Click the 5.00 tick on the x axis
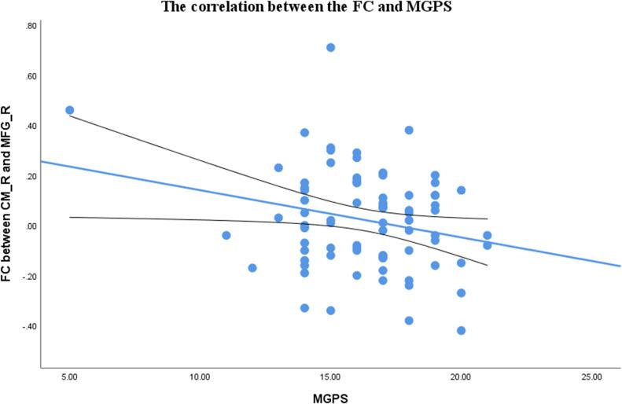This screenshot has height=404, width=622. click(x=69, y=377)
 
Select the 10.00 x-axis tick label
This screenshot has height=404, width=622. click(x=200, y=377)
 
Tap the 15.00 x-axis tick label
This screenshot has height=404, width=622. click(x=330, y=377)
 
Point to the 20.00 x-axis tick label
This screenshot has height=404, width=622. click(x=461, y=377)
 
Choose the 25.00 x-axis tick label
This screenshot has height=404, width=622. click(x=591, y=377)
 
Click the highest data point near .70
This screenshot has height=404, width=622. click(x=331, y=48)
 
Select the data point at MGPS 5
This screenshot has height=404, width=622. click(x=69, y=110)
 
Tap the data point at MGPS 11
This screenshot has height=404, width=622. click(x=226, y=235)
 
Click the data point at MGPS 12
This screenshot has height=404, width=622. click(x=252, y=268)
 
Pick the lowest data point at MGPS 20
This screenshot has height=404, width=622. click(x=462, y=330)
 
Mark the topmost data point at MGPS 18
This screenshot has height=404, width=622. click(x=409, y=130)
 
